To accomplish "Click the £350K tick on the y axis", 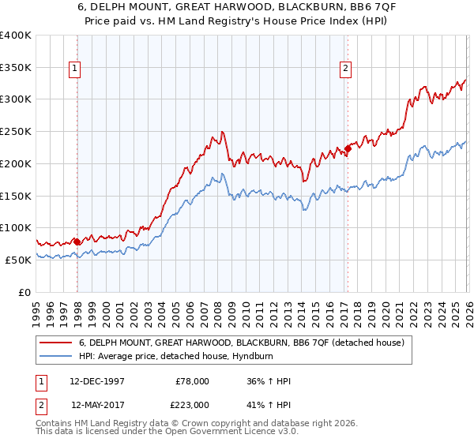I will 16,67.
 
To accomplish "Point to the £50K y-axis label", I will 17,260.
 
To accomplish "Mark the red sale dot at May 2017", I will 348,149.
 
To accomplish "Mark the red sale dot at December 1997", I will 77,242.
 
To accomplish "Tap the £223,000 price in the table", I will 192,405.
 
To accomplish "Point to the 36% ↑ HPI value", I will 269,381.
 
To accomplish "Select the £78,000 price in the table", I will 192,381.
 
